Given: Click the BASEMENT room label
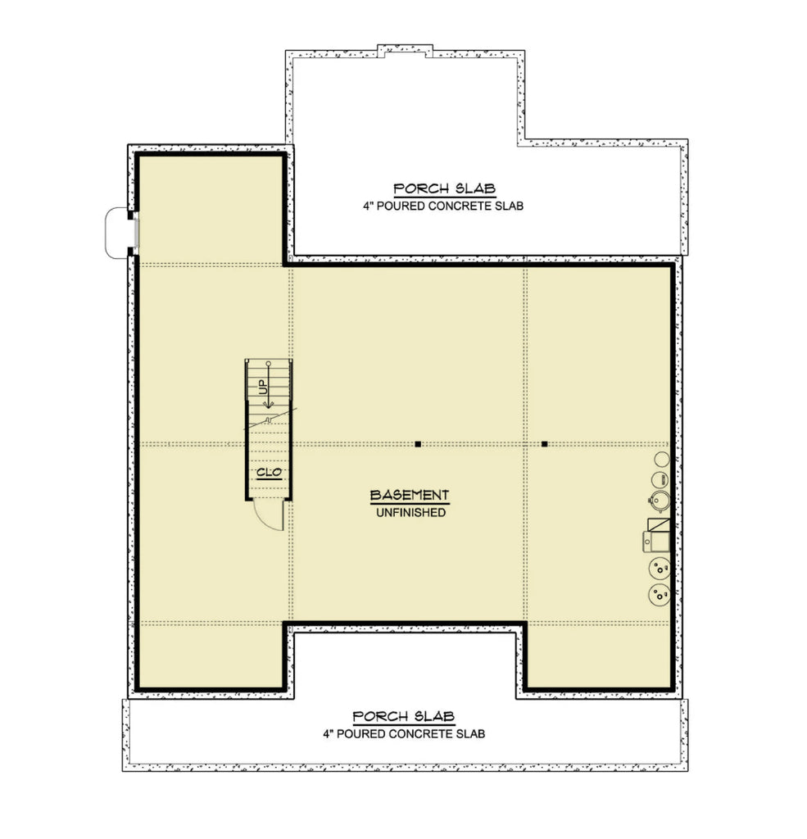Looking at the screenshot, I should point(409,495).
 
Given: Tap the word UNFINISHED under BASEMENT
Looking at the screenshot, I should point(409,513).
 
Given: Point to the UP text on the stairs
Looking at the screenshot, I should point(265,388).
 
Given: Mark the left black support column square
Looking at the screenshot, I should point(418,444).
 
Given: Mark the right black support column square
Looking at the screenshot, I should point(544,444).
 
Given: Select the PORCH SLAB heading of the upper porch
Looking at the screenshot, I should point(443,188).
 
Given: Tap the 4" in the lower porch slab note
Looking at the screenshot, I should point(329,734).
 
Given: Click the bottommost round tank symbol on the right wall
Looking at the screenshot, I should point(659,595).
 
